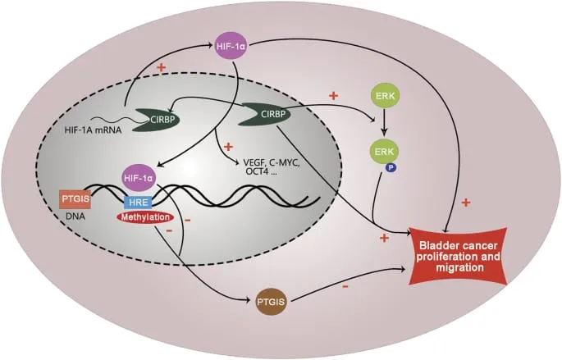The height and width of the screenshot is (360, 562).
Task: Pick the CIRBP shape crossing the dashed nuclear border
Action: tap(261, 120)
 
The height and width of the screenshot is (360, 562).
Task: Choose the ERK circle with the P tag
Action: tap(385, 152)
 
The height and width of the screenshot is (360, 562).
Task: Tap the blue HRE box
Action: tap(136, 202)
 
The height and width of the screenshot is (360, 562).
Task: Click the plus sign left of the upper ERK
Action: tap(333, 96)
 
